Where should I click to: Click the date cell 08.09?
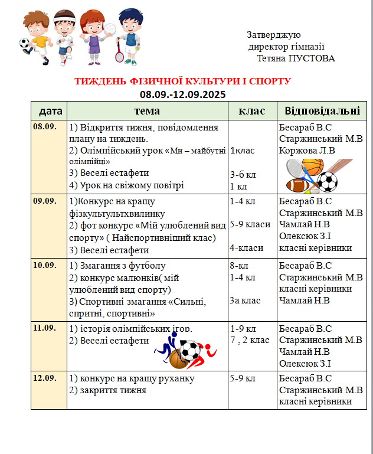[45, 127]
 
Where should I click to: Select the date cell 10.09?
[45, 265]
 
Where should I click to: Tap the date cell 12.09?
[45, 378]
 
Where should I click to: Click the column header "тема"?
[147, 111]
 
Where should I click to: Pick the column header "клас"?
[252, 111]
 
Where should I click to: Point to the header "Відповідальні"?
[322, 111]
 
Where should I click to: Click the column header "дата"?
[50, 111]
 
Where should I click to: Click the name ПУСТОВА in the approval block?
[312, 58]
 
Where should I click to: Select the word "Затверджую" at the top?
[274, 35]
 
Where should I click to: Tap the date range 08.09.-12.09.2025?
[183, 94]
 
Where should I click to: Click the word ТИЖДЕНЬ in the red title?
[99, 81]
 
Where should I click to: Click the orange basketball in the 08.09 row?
[312, 166]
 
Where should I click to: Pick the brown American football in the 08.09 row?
[299, 185]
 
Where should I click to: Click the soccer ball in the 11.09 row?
[190, 351]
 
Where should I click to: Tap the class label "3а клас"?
[246, 300]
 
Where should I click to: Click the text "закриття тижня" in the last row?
[112, 390]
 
